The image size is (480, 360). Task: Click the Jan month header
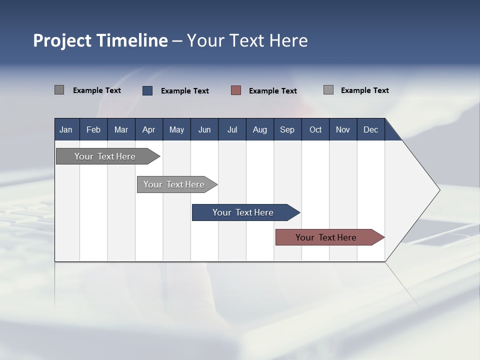[x=66, y=129]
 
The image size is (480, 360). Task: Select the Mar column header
[x=121, y=129]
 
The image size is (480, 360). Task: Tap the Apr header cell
[x=148, y=129]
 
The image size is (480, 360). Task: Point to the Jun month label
[x=204, y=129]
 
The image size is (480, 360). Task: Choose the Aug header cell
[x=259, y=129]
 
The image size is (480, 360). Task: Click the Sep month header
[x=287, y=129]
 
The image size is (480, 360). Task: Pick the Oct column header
[x=315, y=129]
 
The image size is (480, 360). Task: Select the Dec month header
[x=370, y=129]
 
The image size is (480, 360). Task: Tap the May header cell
[x=176, y=129]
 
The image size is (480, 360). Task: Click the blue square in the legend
[x=147, y=90]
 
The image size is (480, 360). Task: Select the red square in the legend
[x=236, y=90]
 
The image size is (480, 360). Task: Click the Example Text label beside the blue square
[x=184, y=91]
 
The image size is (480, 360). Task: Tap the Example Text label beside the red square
[x=272, y=91]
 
